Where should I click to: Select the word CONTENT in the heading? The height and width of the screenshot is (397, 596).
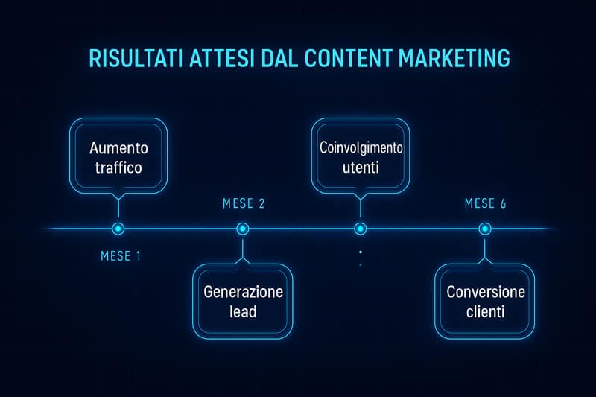pos(349,58)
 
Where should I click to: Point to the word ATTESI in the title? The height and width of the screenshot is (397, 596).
pos(221,58)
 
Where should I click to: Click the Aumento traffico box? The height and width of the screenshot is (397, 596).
pos(118,156)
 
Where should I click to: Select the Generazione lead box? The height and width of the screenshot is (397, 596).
pos(243,301)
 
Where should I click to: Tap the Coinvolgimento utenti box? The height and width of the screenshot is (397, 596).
pos(361,156)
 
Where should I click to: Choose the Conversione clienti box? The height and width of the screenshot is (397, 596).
pos(485,301)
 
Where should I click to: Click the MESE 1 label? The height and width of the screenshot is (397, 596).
pos(121,256)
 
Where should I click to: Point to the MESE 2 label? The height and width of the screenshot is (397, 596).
pos(244,203)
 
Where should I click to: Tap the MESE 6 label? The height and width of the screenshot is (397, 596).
pos(486,203)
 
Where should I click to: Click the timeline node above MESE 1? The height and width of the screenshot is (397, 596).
pos(118,229)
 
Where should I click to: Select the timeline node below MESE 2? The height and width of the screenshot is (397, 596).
pos(243,229)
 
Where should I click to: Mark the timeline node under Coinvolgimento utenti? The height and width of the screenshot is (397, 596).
pos(361,229)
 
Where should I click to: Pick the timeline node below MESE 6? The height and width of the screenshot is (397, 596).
pos(485,229)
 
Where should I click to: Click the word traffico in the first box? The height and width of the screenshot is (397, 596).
pos(118,168)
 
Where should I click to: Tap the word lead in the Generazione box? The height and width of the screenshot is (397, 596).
pos(243,311)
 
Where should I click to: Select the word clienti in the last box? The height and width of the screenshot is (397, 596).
pos(486,311)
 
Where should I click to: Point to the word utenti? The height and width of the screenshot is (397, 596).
pos(361,168)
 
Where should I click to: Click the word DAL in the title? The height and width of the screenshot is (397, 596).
pos(279,58)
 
